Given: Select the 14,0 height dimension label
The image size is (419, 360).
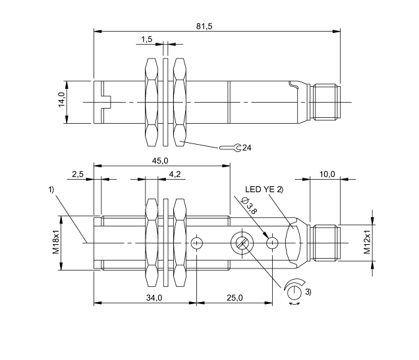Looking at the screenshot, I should tap(61, 102).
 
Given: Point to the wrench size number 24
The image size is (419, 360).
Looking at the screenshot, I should tap(247, 147).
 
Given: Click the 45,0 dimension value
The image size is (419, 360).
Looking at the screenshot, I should tap(161, 161).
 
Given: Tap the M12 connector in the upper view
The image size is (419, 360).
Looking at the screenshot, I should tap(327, 102).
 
